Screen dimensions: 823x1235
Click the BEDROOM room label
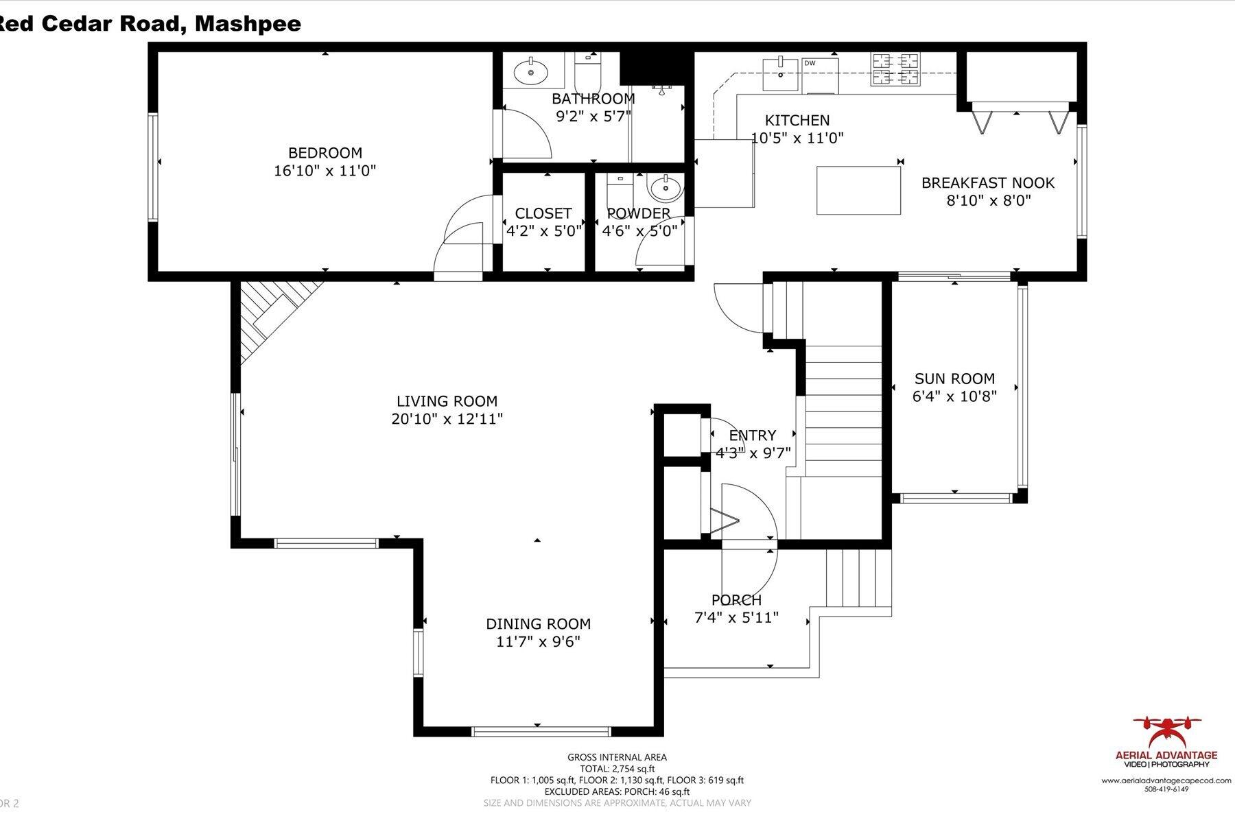pos(325,153)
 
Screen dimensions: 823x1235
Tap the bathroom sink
pos(530,70)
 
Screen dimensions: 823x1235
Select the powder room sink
pos(663,186)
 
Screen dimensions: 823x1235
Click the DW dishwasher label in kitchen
pos(810,63)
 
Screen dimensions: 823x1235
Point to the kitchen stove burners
pos(895,69)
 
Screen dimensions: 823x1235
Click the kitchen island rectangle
pos(858,190)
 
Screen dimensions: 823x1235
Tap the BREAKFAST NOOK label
pos(987,183)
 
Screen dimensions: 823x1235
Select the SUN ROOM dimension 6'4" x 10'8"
pos(954,396)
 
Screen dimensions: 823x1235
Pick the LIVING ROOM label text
pos(447,401)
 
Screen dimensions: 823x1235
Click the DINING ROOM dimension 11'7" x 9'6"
pos(538,642)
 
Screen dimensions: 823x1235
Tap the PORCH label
pos(736,600)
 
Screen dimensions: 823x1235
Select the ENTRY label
pos(753,436)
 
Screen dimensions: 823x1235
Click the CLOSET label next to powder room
pos(543,213)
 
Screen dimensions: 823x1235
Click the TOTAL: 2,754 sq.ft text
pos(617,769)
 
